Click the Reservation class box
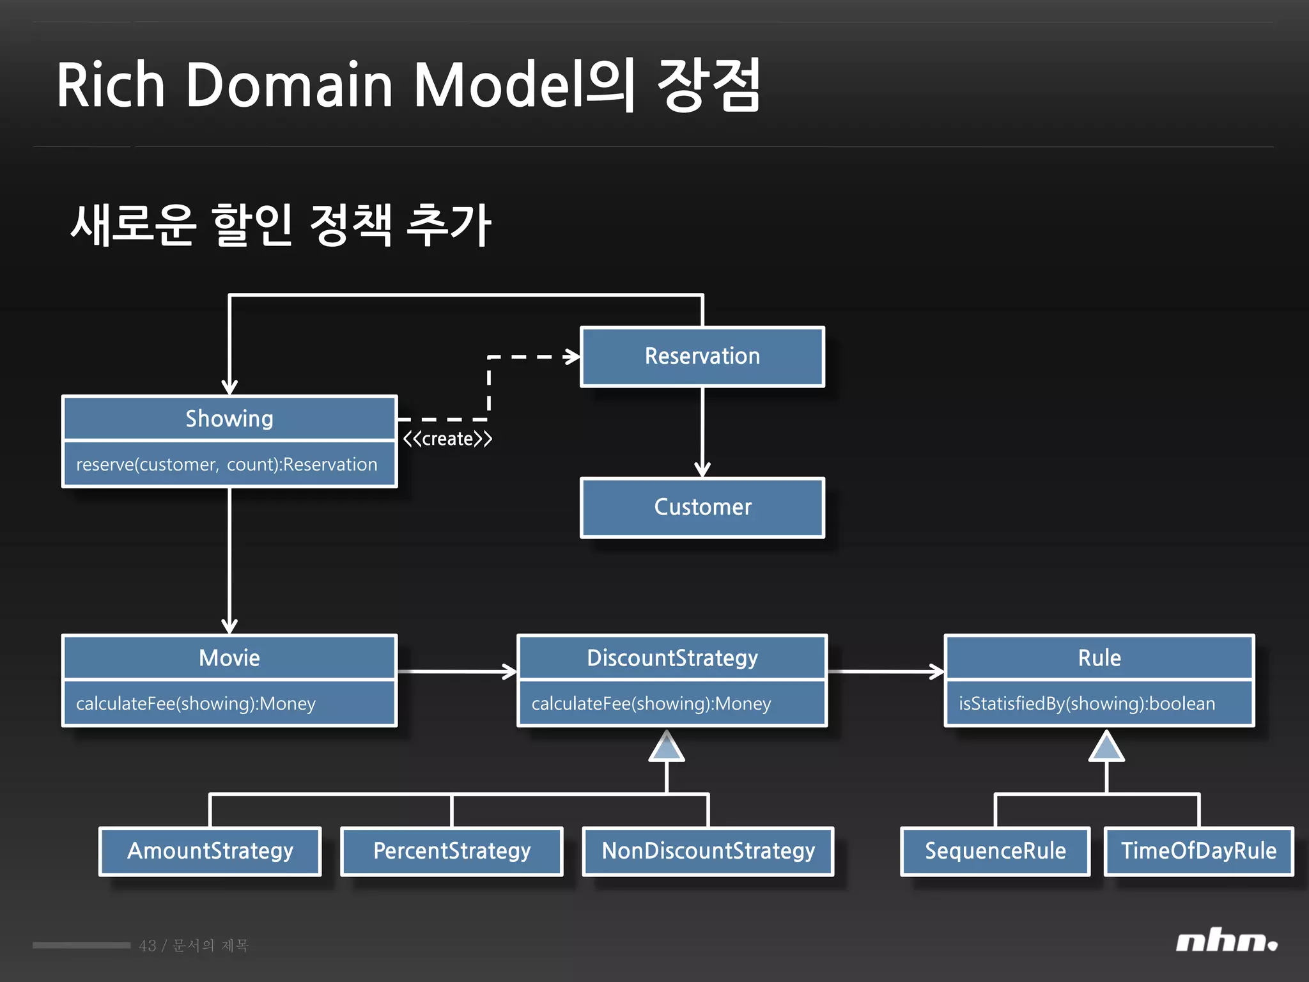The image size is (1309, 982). point(702,357)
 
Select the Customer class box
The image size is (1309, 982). point(702,508)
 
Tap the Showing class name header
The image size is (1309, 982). point(229,419)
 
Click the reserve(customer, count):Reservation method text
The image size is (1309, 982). point(226,464)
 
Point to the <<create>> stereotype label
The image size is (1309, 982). point(447,439)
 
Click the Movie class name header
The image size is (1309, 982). point(229,658)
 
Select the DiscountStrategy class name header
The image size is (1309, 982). point(672,658)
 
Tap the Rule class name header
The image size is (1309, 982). point(1099,658)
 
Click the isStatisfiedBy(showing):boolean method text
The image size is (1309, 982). point(1087,703)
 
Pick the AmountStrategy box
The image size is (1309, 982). point(210,851)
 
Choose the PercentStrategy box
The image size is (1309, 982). point(451,851)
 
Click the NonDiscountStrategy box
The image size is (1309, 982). point(708,851)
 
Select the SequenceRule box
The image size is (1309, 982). point(995,851)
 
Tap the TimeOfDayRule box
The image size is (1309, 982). point(1198,851)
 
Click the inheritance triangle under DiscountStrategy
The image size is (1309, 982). point(667,748)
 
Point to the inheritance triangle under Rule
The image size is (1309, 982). point(1106,748)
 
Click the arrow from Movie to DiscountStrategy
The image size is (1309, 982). point(456,671)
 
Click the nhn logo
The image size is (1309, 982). point(1226,942)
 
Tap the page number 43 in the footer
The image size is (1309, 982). point(148,946)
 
